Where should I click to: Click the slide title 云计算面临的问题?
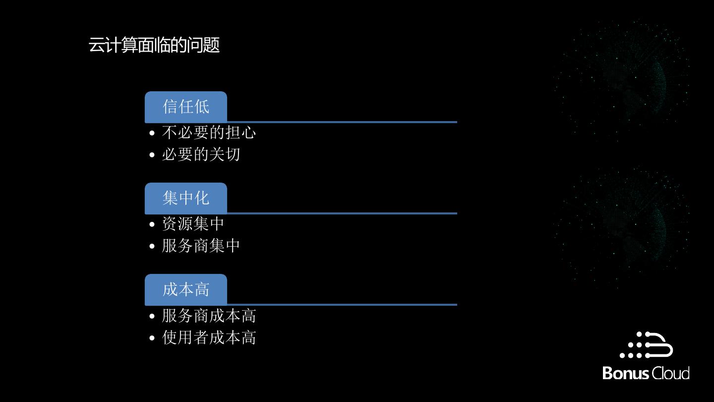coord(154,45)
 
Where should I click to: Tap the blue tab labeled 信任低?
coord(186,107)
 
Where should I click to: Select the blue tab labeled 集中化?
coord(186,198)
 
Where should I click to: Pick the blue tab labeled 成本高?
coord(186,289)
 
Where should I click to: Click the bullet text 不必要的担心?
coord(209,133)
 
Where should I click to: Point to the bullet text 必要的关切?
coord(201,154)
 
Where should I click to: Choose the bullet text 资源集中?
coord(193,224)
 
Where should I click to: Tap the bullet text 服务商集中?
coord(201,246)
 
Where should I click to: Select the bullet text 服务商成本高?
coord(209,316)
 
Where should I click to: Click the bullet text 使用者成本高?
coord(209,337)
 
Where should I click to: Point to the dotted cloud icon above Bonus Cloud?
coord(647,345)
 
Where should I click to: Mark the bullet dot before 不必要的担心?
coord(152,133)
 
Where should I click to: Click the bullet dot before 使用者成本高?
coord(152,338)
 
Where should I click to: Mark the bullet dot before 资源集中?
coord(152,224)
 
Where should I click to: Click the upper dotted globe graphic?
coord(622,79)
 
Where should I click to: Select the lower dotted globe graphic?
coord(622,226)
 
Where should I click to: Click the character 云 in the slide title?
coord(96,45)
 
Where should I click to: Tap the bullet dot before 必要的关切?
coord(152,155)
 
